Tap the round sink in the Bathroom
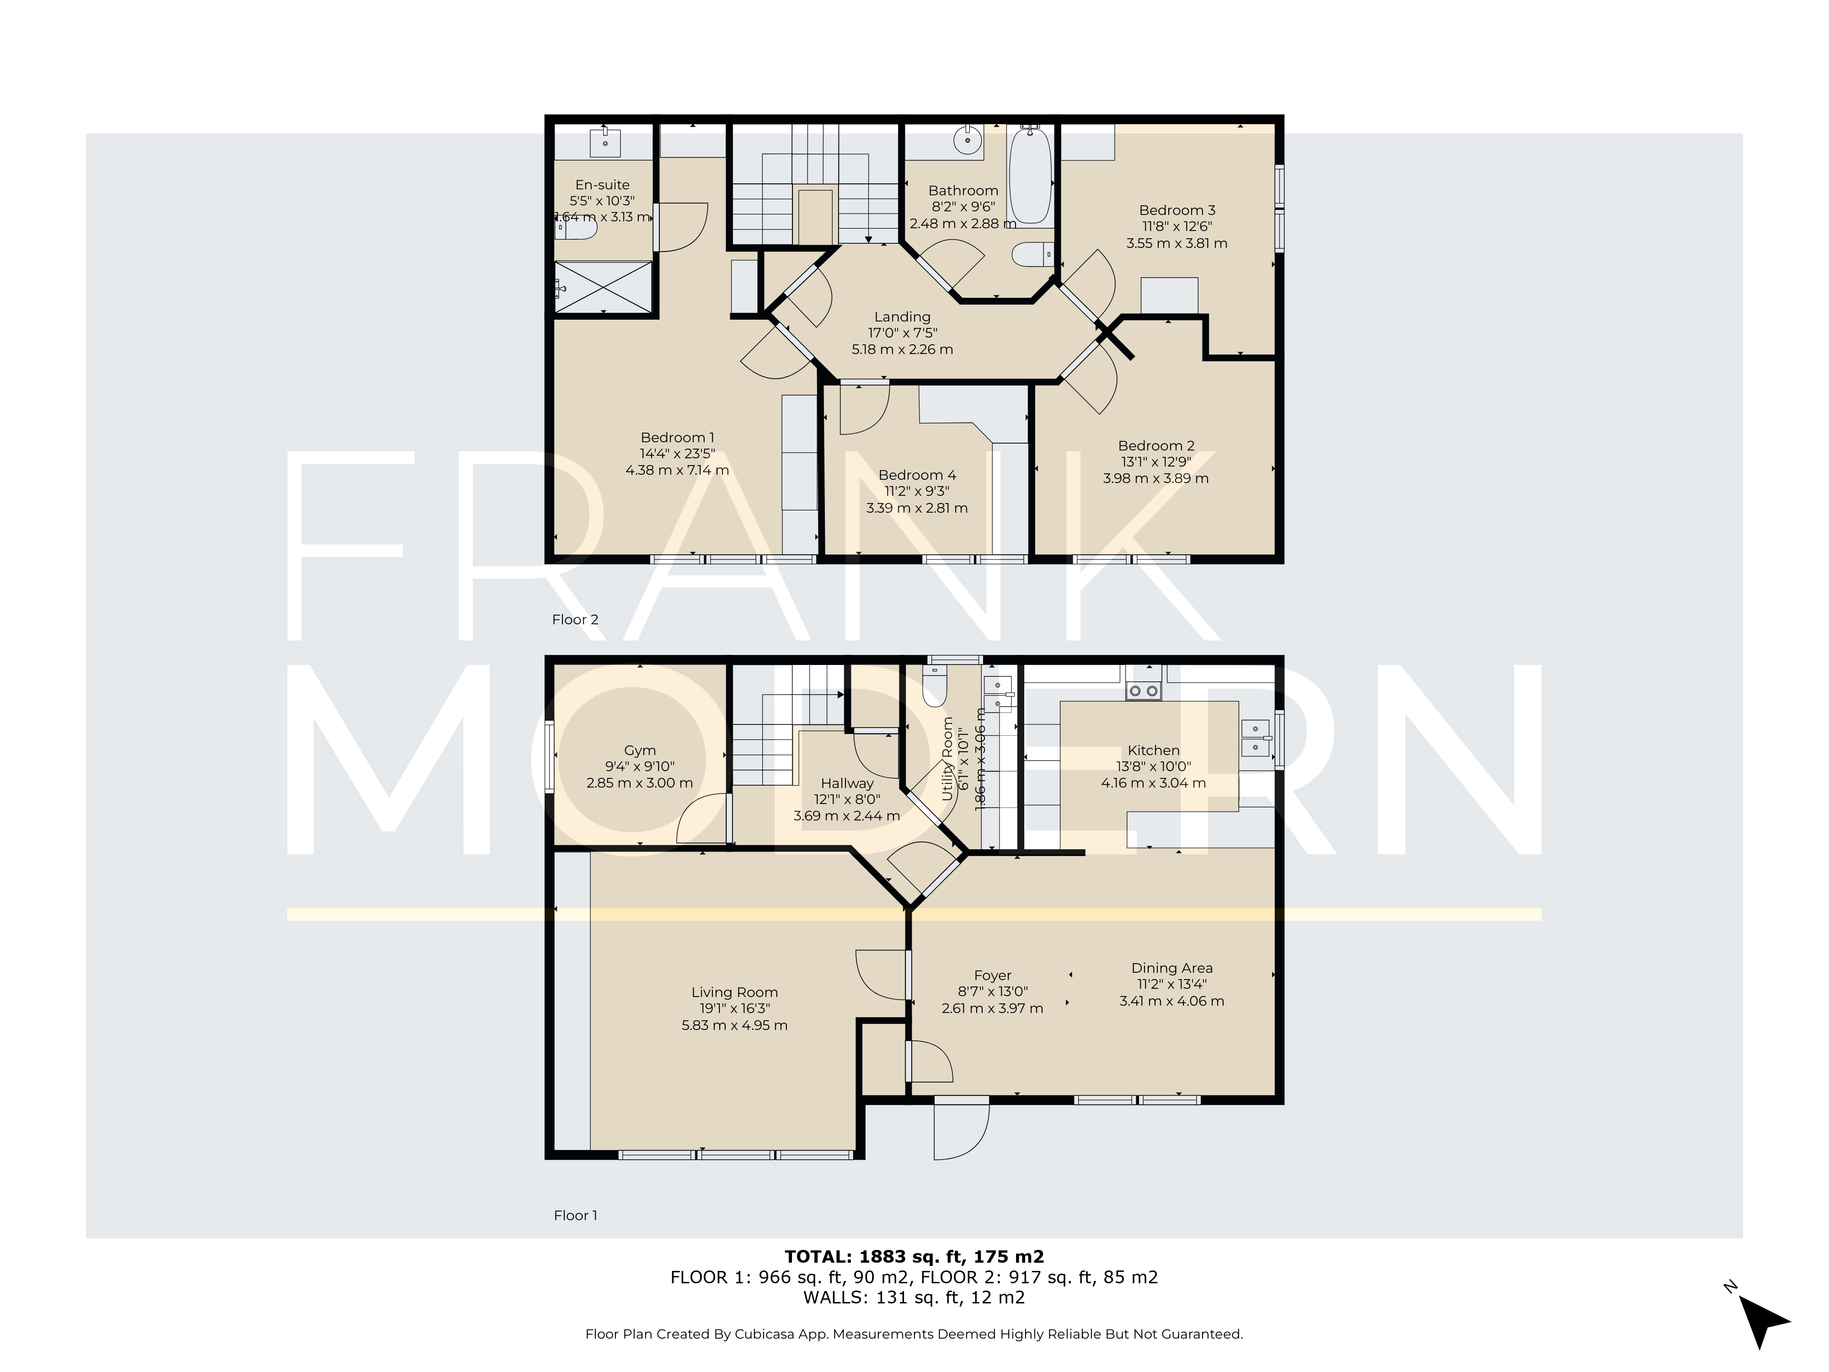tap(967, 141)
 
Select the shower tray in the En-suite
tap(603, 287)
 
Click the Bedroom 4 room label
tap(917, 475)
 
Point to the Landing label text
tap(902, 317)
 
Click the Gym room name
tap(640, 750)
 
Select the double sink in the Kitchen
tap(1255, 738)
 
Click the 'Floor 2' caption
tap(575, 619)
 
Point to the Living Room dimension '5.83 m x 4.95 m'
tap(734, 1025)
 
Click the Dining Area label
tap(1171, 968)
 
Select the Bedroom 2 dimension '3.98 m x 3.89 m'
tap(1155, 478)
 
